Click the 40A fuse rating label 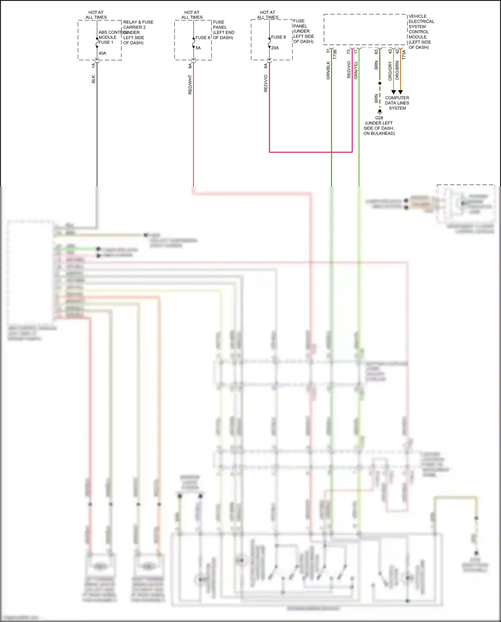click(102, 53)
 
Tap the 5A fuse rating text click(198, 48)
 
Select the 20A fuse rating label click(275, 48)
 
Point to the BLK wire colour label click(94, 79)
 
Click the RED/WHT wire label click(190, 85)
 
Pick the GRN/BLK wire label click(328, 71)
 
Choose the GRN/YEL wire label click(356, 70)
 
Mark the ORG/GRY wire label click(390, 71)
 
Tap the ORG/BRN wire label click(397, 70)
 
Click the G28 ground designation click(379, 118)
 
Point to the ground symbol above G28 click(380, 112)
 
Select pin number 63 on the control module click(376, 52)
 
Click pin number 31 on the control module click(328, 51)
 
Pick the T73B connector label click(335, 54)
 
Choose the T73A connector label click(404, 55)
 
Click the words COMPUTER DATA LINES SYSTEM click(397, 103)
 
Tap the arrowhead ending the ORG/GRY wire click(393, 92)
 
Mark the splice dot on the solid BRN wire click(380, 83)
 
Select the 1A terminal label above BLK click(94, 66)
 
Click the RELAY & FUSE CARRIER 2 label click(138, 25)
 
